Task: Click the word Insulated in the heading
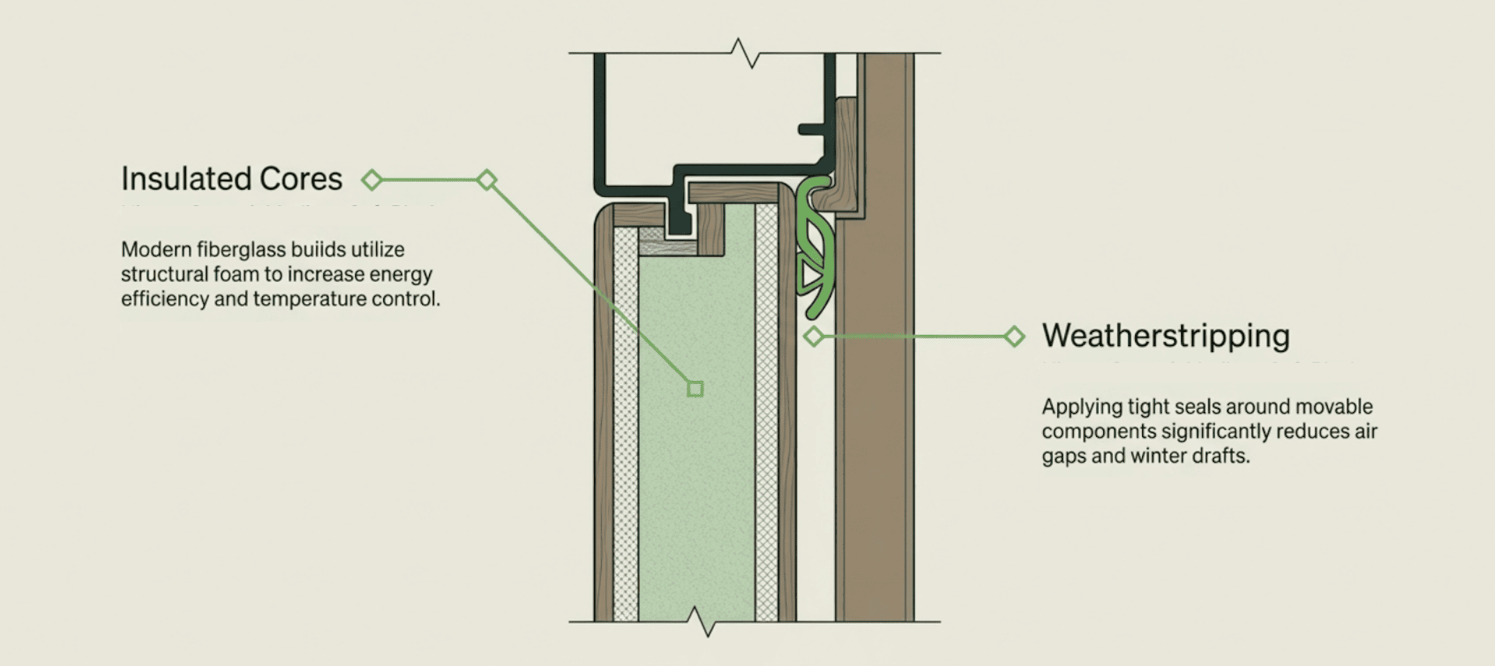(x=185, y=179)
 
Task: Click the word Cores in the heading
(x=301, y=179)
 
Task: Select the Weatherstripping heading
(x=1166, y=336)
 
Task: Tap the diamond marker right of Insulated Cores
(x=372, y=180)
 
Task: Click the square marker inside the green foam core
(x=695, y=388)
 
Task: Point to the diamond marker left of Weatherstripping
(x=1014, y=337)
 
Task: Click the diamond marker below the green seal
(x=814, y=337)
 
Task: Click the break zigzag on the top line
(x=745, y=53)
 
